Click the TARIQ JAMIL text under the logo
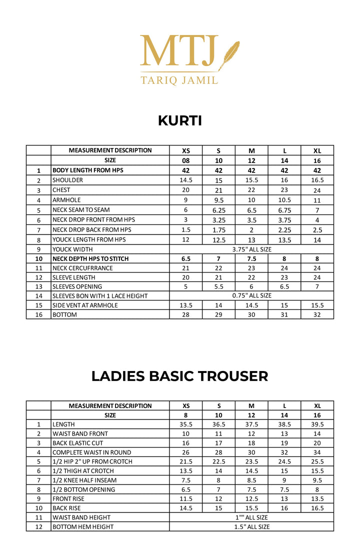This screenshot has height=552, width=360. (x=179, y=79)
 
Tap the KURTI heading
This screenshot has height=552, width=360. (x=180, y=120)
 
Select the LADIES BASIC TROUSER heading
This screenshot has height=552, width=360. (x=179, y=376)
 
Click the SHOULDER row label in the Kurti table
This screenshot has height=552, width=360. (x=68, y=180)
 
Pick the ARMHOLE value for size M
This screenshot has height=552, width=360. (x=251, y=200)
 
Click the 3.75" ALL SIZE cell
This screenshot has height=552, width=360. (x=251, y=249)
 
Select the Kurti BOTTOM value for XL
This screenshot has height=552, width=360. (x=317, y=314)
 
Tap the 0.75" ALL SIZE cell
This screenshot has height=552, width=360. (x=251, y=295)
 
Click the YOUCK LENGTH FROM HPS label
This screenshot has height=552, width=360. (x=89, y=239)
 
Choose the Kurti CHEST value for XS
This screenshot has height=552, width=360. (x=186, y=190)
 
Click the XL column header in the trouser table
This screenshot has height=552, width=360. (x=317, y=405)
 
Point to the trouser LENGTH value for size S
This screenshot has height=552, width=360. (x=218, y=424)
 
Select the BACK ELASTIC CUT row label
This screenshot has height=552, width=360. (x=77, y=443)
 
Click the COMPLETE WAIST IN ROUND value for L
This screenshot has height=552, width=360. (x=284, y=452)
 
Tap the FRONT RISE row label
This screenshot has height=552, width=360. (x=68, y=498)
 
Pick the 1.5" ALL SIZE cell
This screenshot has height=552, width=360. (x=251, y=526)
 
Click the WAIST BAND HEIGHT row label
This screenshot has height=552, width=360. (x=81, y=517)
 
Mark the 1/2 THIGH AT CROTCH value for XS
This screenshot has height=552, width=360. (x=186, y=471)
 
